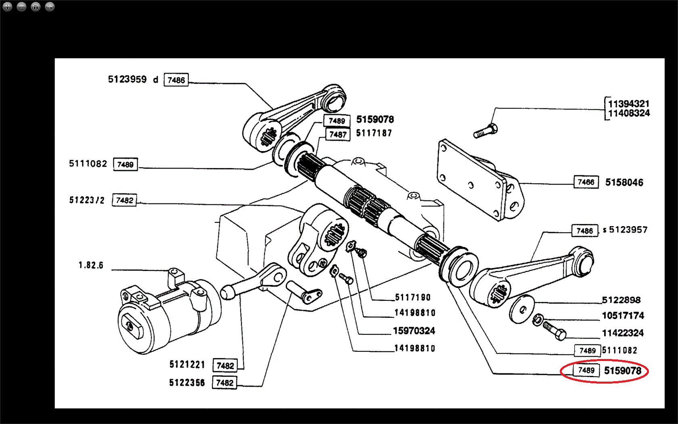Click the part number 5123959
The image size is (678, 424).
click(127, 79)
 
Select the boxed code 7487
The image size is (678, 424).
click(338, 134)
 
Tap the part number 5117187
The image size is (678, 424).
click(374, 133)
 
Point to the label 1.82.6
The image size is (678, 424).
click(91, 265)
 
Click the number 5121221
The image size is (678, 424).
click(187, 365)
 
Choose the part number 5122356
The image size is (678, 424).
click(187, 382)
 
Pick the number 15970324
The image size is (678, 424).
click(414, 331)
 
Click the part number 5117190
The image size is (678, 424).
click(412, 298)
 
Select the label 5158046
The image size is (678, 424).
click(624, 183)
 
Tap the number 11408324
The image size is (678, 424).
click(629, 113)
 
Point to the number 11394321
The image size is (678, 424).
click(628, 104)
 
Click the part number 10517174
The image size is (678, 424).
click(623, 316)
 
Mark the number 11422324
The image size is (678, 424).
click(623, 333)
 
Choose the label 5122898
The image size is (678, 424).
click(621, 300)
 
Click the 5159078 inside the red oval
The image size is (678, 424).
click(622, 371)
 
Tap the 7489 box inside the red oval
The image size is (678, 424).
click(586, 370)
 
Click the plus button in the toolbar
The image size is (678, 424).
click(7, 6)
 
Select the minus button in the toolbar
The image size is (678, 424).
click(21, 6)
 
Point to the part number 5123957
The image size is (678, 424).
click(628, 230)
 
